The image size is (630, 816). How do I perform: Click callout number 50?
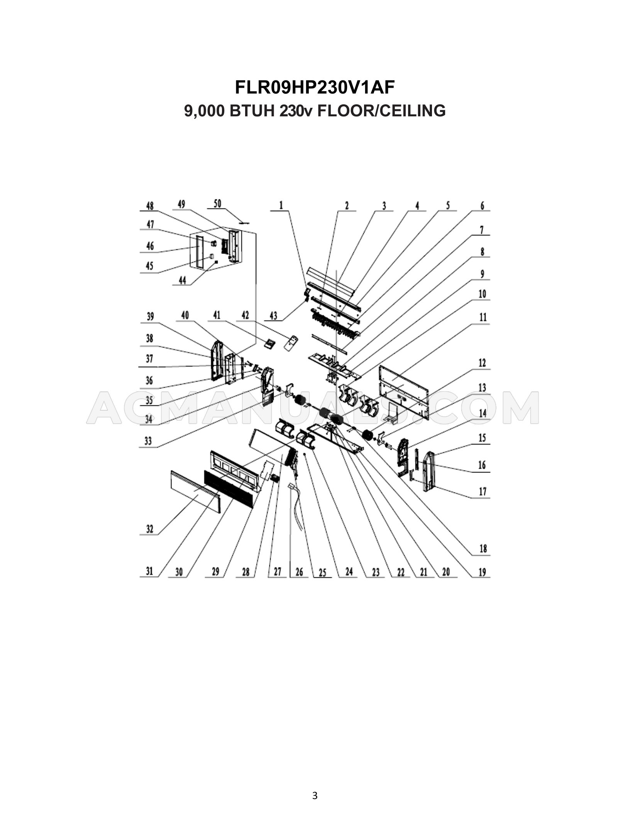[x=218, y=204]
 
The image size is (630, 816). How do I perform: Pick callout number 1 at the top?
[x=281, y=206]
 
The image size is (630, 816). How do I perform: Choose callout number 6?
[x=482, y=206]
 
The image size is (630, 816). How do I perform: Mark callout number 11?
[x=483, y=318]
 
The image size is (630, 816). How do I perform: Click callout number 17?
[x=483, y=492]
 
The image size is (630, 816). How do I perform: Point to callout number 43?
[x=273, y=316]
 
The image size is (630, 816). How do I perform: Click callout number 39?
[x=150, y=316]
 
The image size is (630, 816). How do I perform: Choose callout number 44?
[x=183, y=280]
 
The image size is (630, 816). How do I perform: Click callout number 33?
[x=148, y=441]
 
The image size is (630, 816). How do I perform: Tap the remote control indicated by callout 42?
[x=292, y=343]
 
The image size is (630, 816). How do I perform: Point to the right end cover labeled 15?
[x=429, y=471]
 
